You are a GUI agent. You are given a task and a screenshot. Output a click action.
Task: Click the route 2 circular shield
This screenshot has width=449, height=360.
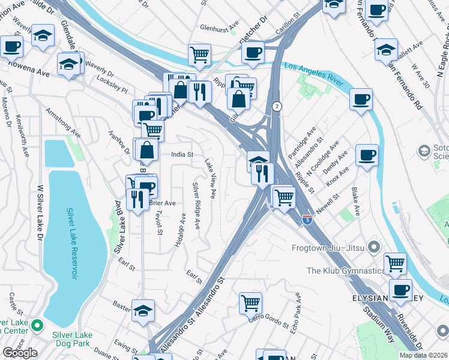coord(276,106)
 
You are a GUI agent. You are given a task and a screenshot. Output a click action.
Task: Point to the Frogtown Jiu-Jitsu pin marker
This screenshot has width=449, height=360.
coord(375,247)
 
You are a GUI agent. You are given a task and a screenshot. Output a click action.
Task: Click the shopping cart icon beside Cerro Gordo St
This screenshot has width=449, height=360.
coord(250,302)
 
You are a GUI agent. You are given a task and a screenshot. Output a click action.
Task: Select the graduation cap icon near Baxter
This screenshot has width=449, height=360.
coord(143,310)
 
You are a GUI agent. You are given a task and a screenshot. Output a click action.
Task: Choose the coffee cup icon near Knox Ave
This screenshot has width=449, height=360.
coord(366,155)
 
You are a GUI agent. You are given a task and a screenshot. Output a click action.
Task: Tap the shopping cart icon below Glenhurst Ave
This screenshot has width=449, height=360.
coord(199,54)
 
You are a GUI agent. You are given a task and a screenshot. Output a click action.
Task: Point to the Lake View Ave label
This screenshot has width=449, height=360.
coord(210,179)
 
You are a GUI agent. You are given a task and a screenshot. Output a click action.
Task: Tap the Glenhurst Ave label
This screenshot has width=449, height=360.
coord(219,28)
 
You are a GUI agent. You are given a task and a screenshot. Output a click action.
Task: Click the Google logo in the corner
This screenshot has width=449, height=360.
coord(20,353)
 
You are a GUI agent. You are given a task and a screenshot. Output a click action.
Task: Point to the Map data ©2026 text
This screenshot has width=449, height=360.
coord(423,355)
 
